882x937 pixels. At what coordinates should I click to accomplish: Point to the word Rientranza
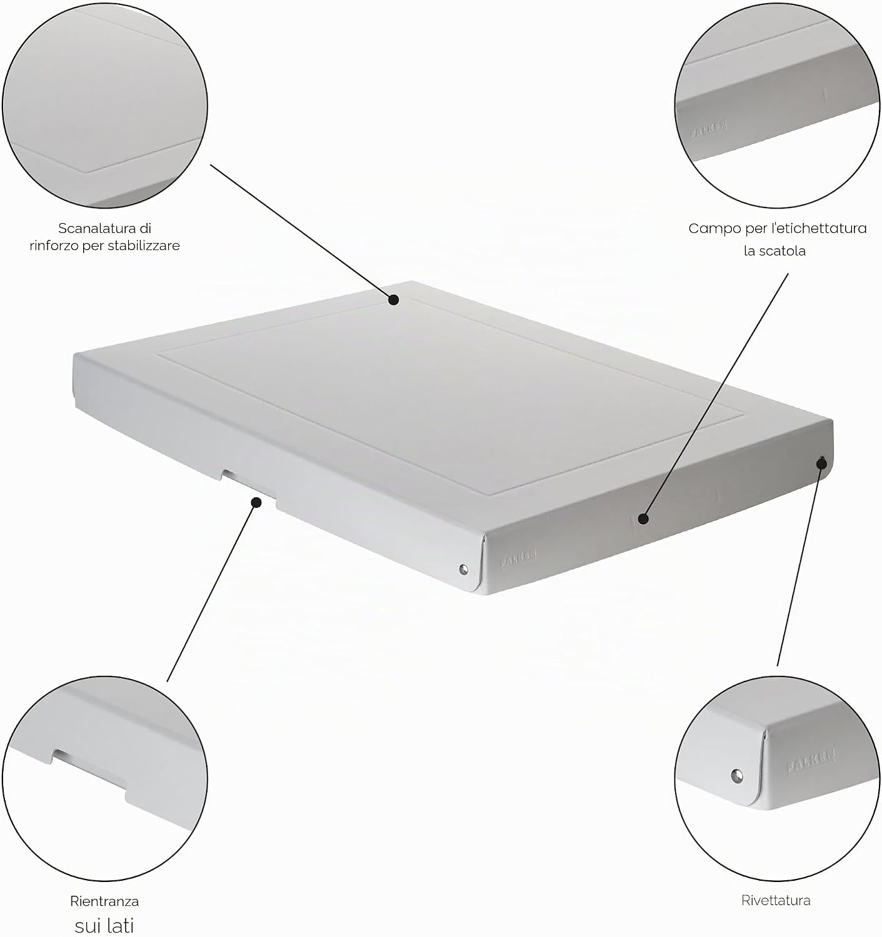(104, 901)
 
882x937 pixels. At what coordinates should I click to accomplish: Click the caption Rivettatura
(776, 900)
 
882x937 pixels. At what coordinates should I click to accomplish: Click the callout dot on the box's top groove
(393, 299)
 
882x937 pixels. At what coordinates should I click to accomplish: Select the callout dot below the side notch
(256, 502)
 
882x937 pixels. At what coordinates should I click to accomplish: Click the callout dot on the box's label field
(643, 519)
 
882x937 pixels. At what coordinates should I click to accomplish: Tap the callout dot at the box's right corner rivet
(821, 464)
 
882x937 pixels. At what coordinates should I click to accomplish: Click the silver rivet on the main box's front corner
(464, 570)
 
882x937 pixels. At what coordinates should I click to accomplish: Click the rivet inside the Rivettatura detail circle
(736, 776)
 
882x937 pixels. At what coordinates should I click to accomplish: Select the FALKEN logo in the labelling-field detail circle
(709, 129)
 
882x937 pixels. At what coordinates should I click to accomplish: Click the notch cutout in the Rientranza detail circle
(90, 766)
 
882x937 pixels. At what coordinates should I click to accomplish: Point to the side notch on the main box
(248, 482)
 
